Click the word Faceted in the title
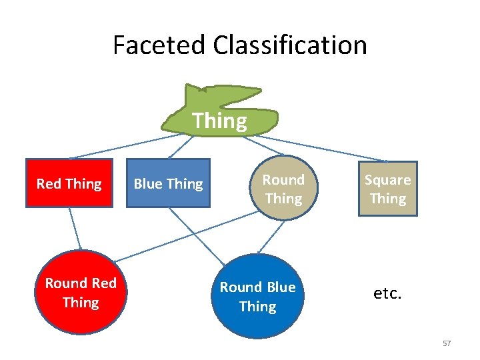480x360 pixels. click(x=159, y=45)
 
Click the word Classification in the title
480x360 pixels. click(x=290, y=45)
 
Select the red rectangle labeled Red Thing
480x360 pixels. click(x=69, y=183)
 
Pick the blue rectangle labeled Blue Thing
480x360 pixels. click(x=168, y=183)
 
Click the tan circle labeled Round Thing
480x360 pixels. click(x=283, y=189)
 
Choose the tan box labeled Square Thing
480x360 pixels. click(x=387, y=189)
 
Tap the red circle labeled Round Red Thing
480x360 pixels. click(x=80, y=293)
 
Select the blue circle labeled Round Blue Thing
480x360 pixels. click(x=257, y=297)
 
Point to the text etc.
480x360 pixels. click(x=387, y=293)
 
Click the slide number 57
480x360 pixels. click(x=447, y=343)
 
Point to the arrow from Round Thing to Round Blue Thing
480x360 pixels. click(x=270, y=238)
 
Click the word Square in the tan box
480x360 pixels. click(x=387, y=180)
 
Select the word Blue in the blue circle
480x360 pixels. click(x=281, y=287)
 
